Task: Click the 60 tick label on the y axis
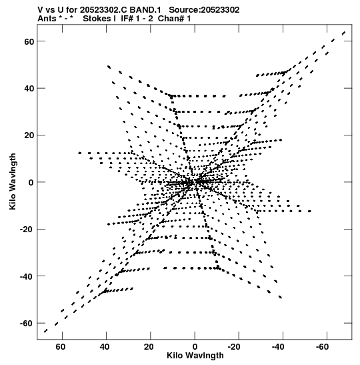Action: (29, 41)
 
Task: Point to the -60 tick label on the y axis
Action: (27, 324)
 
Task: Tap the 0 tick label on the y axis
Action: (31, 183)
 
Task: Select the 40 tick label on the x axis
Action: (105, 347)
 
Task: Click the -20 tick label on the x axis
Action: (234, 347)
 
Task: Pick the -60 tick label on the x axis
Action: (322, 347)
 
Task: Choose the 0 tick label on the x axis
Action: (195, 347)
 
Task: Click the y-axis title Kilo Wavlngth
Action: (13, 181)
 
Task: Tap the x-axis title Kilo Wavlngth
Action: (195, 356)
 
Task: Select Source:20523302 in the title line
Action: (204, 10)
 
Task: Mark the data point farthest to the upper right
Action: (344, 33)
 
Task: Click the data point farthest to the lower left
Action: (45, 331)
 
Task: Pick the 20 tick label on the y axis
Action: (29, 135)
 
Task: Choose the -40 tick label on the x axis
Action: (278, 347)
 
